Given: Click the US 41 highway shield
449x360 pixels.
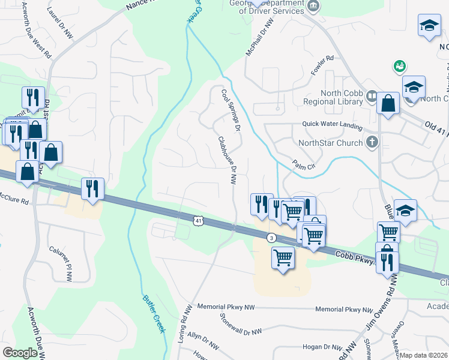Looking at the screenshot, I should point(198,221).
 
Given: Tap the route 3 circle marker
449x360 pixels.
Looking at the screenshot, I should point(271,238).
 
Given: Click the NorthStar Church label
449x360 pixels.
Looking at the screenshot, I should point(331,143).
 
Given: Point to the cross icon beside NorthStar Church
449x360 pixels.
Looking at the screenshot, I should point(372,143).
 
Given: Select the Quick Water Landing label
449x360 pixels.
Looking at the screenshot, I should point(333,126).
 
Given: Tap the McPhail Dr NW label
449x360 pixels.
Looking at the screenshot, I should point(259,38).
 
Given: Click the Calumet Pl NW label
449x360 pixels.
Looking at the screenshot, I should point(61,264).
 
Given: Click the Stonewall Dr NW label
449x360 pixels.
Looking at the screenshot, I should point(241,324).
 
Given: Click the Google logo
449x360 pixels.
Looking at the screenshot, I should point(19,353).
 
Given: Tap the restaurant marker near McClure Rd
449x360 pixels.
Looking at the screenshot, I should point(92,188).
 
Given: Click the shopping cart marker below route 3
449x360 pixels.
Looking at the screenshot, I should point(282,258).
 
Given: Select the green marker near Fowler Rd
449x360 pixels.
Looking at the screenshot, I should point(397,65).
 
